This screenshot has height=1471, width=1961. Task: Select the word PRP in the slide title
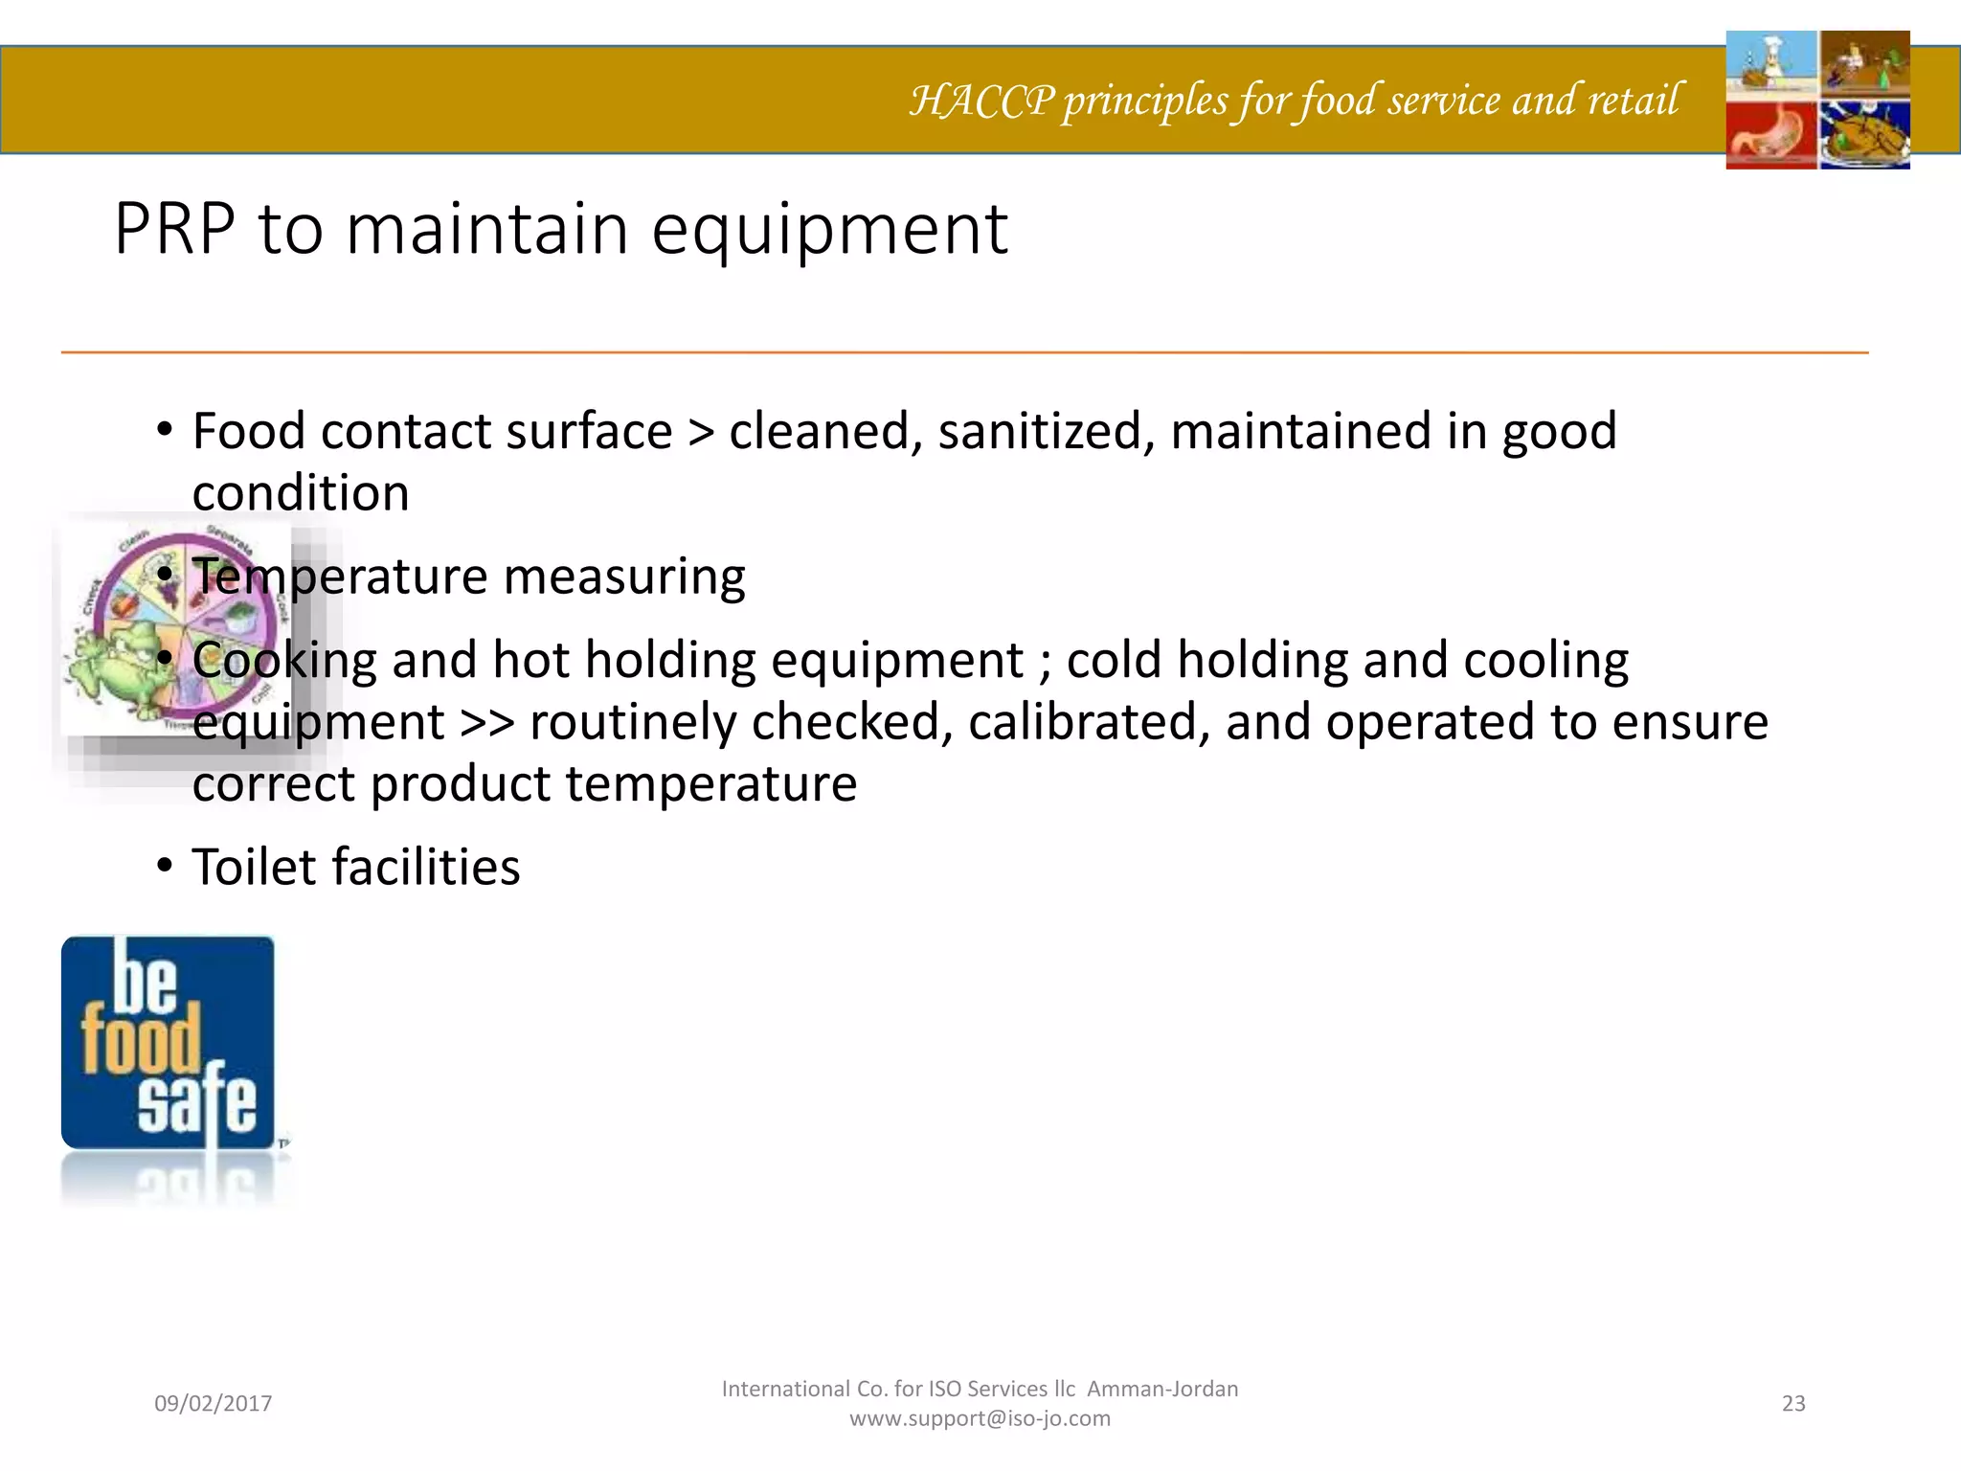point(174,230)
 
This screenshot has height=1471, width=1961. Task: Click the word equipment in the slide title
point(829,232)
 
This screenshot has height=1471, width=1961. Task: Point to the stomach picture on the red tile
point(1771,136)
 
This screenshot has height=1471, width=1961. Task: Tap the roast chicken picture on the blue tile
point(1863,136)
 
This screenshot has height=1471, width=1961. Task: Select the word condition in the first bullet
point(301,494)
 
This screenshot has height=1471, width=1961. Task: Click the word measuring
point(623,577)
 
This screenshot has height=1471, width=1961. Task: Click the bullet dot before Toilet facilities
point(166,867)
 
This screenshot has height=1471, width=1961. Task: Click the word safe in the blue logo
point(197,1103)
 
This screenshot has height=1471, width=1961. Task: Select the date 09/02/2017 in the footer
point(214,1404)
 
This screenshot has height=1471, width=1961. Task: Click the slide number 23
point(1793,1404)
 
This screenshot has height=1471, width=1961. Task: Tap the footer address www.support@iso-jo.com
point(980,1418)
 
